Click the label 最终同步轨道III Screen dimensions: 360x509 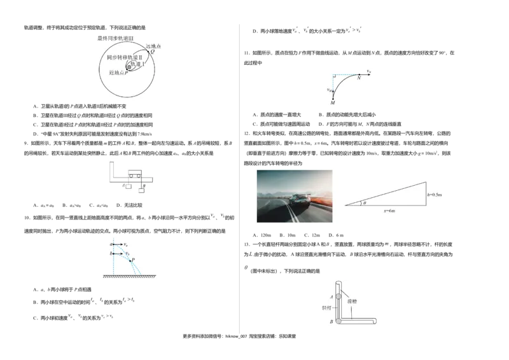tap(116, 39)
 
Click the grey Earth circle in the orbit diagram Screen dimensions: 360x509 tap(130, 67)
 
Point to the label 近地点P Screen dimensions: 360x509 tap(119, 73)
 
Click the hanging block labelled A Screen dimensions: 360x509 tap(127, 186)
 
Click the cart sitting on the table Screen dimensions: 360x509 tap(135, 172)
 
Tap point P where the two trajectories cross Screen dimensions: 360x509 tap(130, 261)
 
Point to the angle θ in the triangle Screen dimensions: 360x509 tap(365, 203)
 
